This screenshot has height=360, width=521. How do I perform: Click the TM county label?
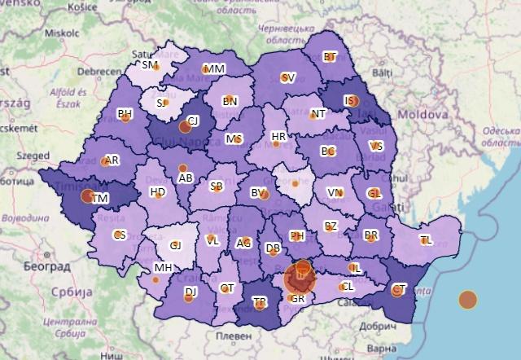click(x=100, y=199)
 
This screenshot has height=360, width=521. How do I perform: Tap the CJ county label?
click(x=193, y=121)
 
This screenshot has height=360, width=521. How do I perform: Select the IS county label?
click(x=349, y=100)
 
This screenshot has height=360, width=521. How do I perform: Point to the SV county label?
click(x=287, y=78)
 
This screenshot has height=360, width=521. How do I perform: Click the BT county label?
click(x=330, y=57)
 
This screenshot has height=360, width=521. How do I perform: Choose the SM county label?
click(x=149, y=64)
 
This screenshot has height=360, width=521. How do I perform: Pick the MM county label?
click(x=215, y=69)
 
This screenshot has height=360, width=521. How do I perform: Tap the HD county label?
click(x=158, y=192)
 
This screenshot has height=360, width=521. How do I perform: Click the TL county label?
click(x=425, y=239)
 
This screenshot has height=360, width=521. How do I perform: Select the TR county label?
click(x=260, y=302)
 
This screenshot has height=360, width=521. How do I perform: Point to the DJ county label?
click(x=190, y=292)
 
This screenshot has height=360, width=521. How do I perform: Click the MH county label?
click(x=163, y=267)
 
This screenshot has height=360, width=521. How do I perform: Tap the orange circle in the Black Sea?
click(x=467, y=300)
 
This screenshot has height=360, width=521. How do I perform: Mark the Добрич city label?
click(x=377, y=323)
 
